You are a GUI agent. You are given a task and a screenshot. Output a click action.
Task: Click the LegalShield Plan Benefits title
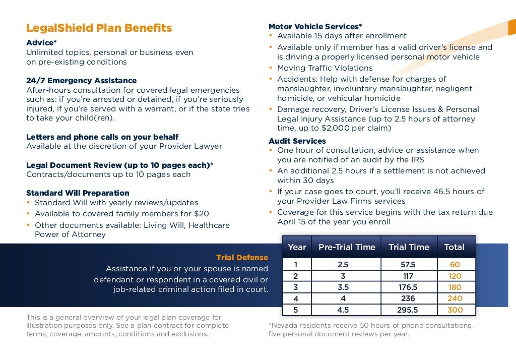click(x=99, y=28)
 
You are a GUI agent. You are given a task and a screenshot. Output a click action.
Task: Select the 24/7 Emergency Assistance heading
click(x=81, y=81)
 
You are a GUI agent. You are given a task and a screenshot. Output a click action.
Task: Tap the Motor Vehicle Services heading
click(x=315, y=26)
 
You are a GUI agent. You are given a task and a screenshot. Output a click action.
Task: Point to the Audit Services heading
click(x=297, y=141)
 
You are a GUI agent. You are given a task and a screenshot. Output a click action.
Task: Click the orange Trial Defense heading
click(x=242, y=258)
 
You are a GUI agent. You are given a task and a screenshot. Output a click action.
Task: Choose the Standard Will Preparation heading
click(x=78, y=193)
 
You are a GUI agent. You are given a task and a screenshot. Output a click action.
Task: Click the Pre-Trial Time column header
click(x=347, y=247)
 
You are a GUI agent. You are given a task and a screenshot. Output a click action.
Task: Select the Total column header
click(x=454, y=247)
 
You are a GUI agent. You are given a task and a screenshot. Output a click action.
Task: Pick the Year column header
click(x=297, y=247)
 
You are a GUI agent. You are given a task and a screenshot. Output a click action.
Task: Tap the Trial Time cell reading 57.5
click(x=409, y=265)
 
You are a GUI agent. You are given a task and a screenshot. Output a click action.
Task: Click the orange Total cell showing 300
click(x=455, y=310)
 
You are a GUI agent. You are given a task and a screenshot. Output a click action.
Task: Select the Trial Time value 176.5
click(x=409, y=287)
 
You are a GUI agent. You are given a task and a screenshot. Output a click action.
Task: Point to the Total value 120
click(x=455, y=276)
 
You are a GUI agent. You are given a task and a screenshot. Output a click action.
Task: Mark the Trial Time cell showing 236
click(x=409, y=298)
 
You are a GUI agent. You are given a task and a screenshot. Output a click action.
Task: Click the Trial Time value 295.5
click(x=409, y=310)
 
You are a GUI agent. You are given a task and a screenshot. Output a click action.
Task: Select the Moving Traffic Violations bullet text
click(x=325, y=68)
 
